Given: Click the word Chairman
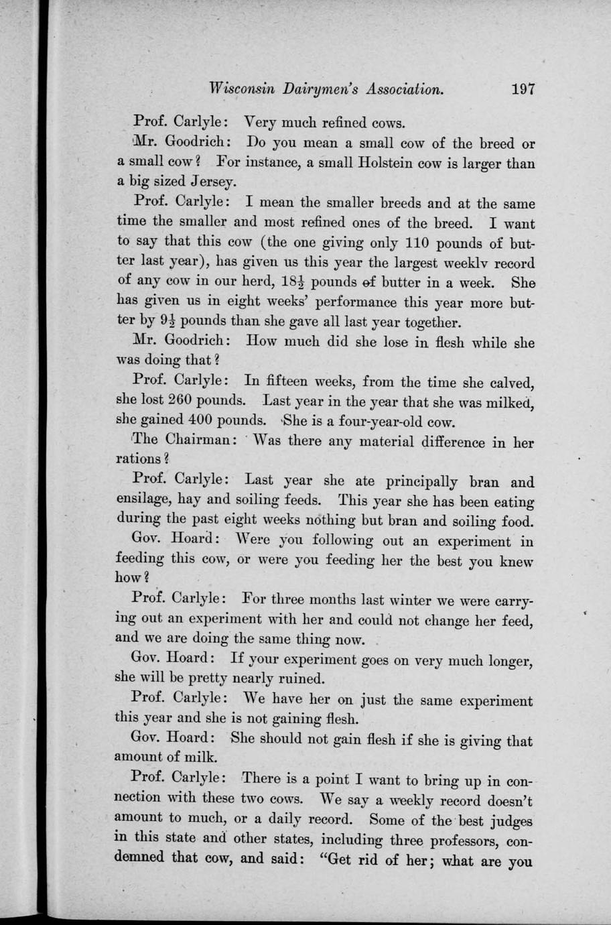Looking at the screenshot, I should coord(194,440).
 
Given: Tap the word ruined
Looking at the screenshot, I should coord(301,678).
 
